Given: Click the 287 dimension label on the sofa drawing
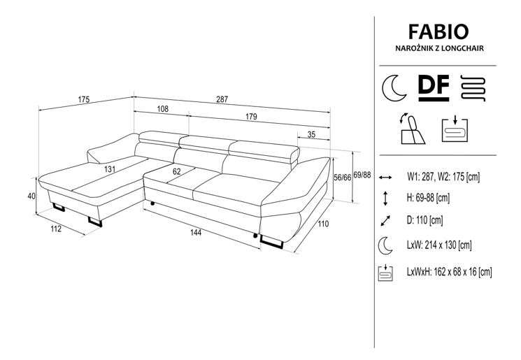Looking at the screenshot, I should click(222, 99).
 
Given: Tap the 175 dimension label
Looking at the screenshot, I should click(83, 99).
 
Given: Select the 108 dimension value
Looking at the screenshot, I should click(162, 110).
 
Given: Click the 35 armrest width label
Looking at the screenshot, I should click(311, 136).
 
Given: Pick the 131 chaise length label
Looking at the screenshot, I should click(109, 169).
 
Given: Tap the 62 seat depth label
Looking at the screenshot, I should click(176, 171).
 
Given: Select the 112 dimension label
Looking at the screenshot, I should click(55, 229).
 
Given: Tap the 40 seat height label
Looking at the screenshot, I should click(31, 196).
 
